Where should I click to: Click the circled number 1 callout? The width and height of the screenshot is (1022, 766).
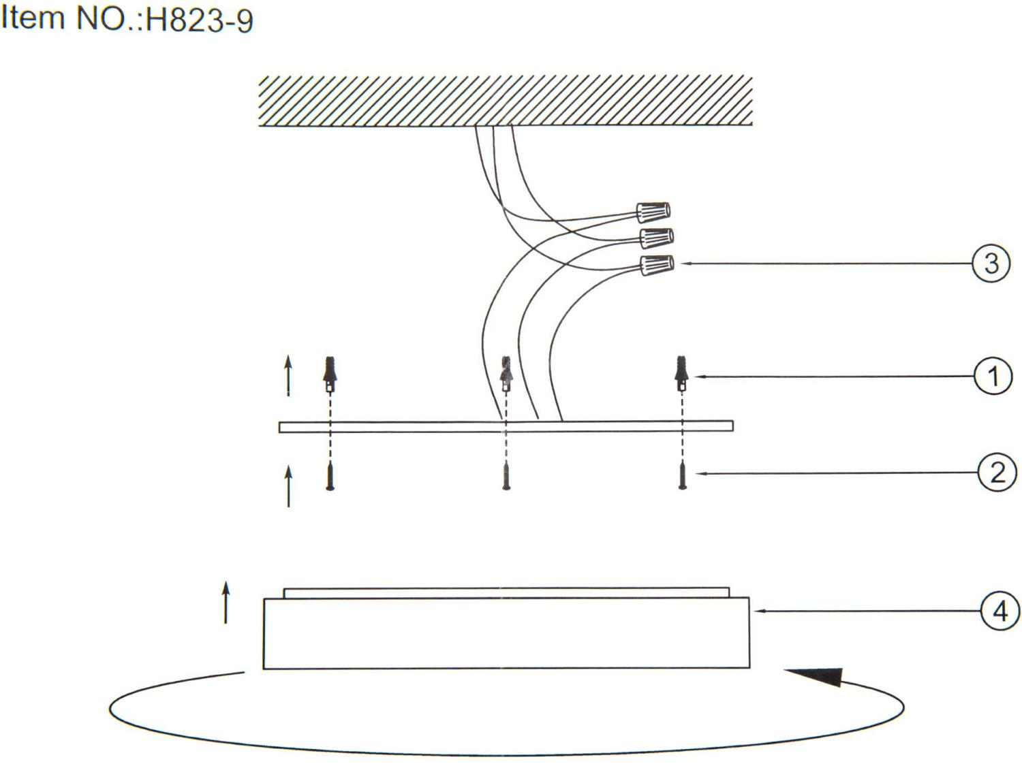point(993,376)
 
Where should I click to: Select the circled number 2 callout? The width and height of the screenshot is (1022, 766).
point(997,473)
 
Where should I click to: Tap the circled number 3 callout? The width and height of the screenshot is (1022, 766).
point(991,264)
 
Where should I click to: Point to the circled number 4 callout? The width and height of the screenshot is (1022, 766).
point(1000,611)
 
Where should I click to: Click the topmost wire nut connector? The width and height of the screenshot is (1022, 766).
point(653,212)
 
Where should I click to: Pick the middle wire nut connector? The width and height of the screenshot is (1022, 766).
point(657,238)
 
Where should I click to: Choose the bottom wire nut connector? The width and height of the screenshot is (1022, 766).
point(657,265)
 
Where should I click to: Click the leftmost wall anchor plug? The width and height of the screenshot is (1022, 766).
point(330,375)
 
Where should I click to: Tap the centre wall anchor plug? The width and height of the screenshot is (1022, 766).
point(506,375)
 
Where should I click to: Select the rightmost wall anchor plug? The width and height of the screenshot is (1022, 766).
point(682,375)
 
